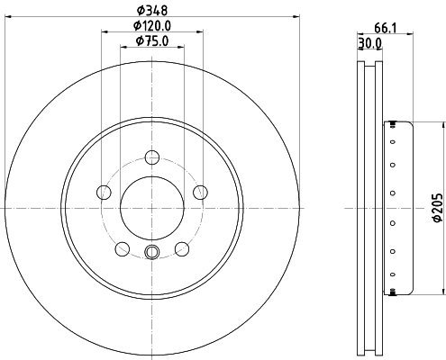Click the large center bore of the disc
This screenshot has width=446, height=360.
point(151,206)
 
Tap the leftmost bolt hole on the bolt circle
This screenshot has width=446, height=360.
point(103,192)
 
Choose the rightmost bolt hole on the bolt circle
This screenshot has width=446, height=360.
point(200,191)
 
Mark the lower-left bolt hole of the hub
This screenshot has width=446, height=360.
point(122,248)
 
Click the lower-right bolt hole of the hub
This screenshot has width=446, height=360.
point(181,248)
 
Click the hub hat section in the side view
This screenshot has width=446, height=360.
point(398,207)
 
